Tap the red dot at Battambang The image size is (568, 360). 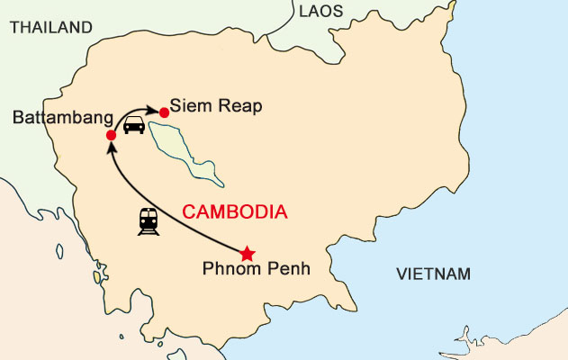pos(111,136)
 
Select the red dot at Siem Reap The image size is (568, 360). pos(164,112)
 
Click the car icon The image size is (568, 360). pos(134,125)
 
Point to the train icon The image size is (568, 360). pos(149,221)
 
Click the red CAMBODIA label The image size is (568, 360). pos(234,212)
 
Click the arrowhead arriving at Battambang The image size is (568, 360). pos(111,149)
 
